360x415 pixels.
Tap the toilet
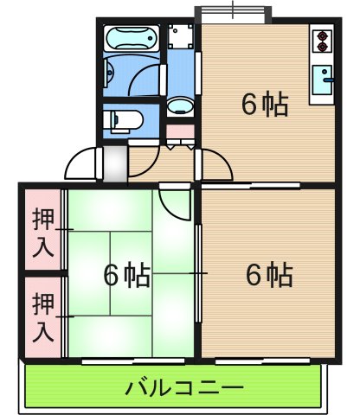click(x=119, y=118)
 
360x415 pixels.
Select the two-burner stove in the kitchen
click(x=322, y=41)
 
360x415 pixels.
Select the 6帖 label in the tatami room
click(x=126, y=277)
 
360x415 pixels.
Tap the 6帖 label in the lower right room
click(x=268, y=276)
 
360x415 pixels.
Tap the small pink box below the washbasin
click(x=180, y=131)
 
